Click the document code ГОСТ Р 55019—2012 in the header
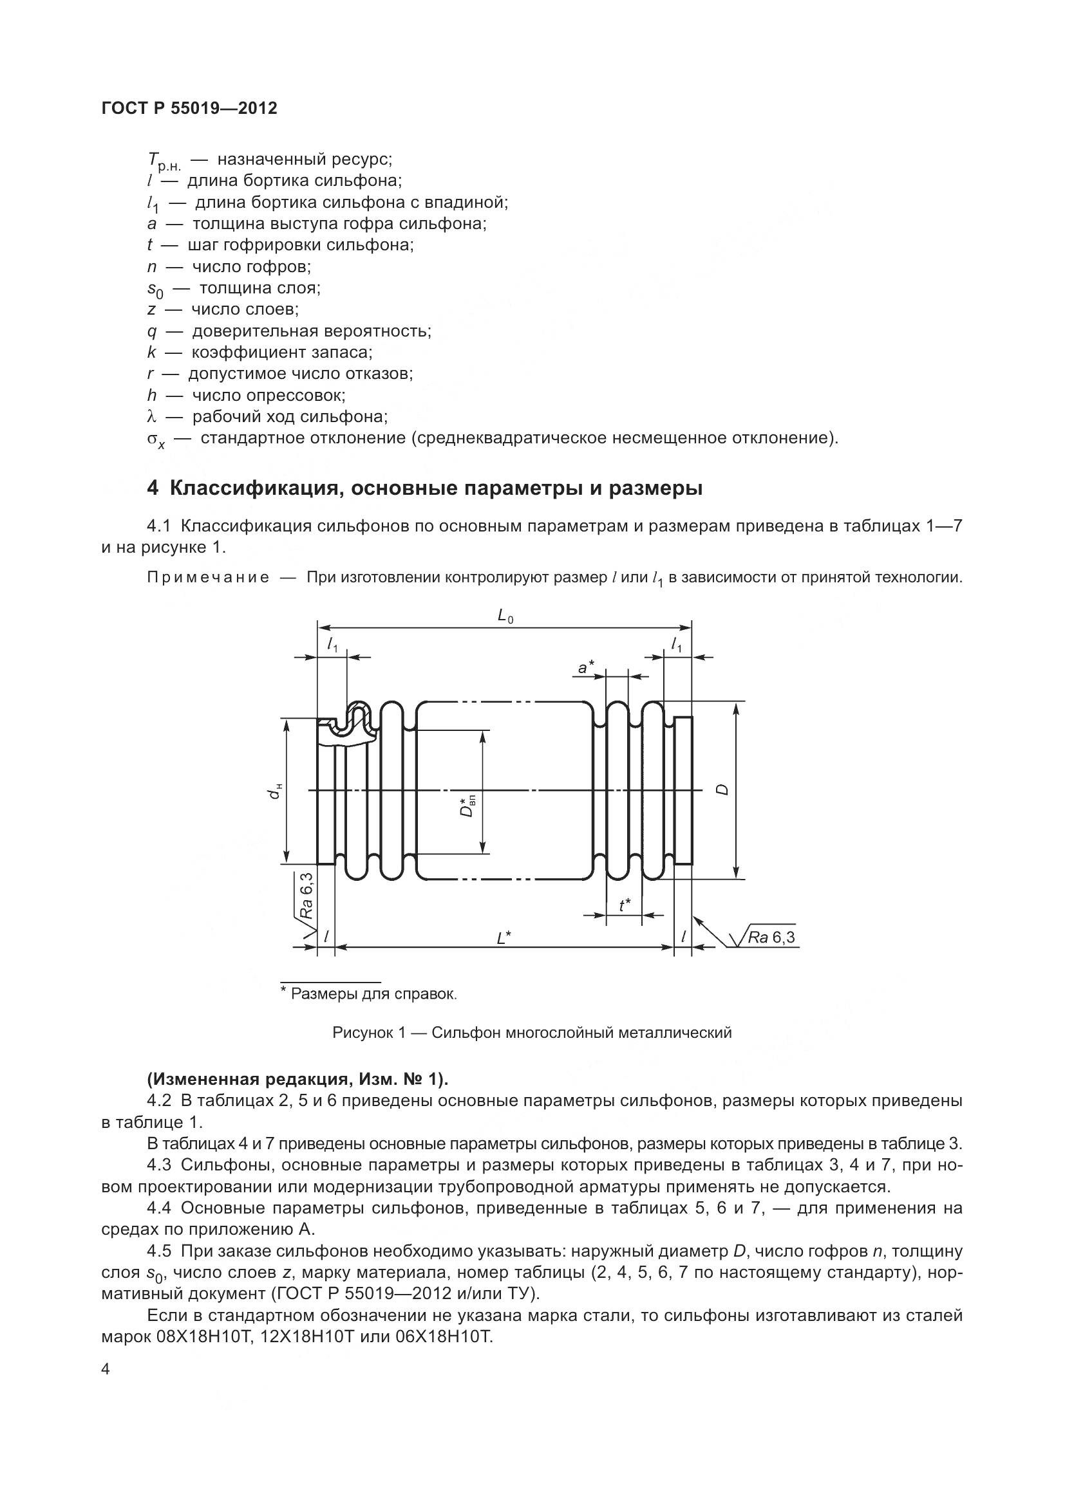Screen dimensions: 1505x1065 point(189,108)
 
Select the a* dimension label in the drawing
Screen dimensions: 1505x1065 point(585,667)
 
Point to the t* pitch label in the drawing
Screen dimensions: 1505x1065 point(625,905)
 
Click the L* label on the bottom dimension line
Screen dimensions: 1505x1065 point(504,939)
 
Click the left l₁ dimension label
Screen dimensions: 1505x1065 point(332,645)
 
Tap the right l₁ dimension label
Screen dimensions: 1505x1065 point(677,645)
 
